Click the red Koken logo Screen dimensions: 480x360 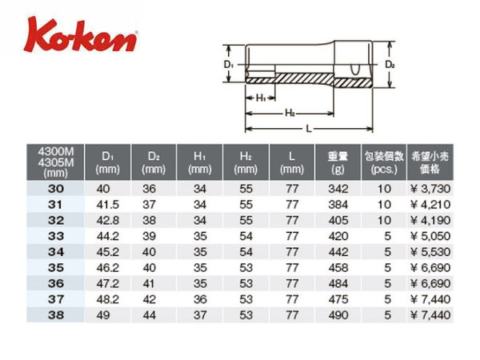click(x=80, y=35)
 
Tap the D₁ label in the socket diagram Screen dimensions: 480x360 click(x=229, y=65)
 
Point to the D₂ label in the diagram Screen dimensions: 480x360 click(x=390, y=65)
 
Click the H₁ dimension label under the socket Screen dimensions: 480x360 click(x=261, y=98)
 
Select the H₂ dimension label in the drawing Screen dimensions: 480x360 click(x=290, y=113)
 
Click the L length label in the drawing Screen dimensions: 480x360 click(x=309, y=129)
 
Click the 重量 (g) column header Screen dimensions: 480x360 click(x=338, y=162)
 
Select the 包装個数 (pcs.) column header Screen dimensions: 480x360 click(x=384, y=162)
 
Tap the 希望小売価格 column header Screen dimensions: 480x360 click(x=430, y=162)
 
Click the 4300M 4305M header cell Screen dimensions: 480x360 click(x=55, y=162)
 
